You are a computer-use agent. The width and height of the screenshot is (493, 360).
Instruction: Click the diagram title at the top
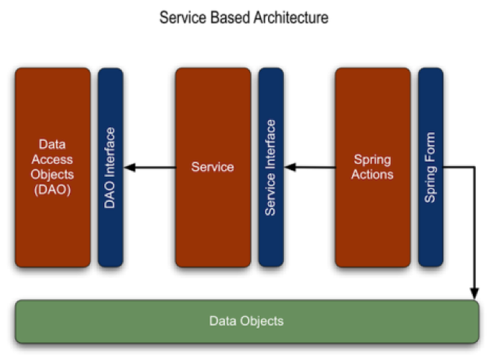point(244,18)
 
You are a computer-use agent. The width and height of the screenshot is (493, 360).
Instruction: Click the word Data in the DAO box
point(52,144)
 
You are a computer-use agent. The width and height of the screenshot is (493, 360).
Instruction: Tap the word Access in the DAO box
point(52,160)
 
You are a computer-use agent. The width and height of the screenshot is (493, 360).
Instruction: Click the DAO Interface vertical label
point(110,168)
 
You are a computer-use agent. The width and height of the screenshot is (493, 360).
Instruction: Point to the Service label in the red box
point(212,167)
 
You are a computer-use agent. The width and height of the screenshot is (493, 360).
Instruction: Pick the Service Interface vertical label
point(270,167)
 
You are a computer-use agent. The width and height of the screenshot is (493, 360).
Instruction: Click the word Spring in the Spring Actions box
point(372,159)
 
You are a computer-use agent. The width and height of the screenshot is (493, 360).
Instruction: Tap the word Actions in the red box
point(372,175)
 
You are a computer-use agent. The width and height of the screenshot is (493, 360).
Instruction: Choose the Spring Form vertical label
point(430,168)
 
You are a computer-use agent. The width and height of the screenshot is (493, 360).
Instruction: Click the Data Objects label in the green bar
point(247,321)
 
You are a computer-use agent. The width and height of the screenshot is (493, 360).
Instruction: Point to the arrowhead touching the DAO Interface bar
point(132,168)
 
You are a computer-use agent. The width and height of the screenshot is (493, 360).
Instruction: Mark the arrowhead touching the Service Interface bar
point(292,168)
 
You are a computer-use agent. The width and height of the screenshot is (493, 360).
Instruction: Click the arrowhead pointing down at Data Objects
point(474,291)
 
